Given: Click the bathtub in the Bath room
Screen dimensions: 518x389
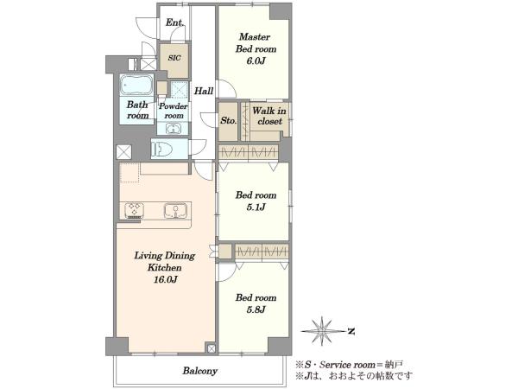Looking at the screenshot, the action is pos(136,85).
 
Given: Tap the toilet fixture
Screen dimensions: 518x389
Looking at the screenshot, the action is pos(162,150).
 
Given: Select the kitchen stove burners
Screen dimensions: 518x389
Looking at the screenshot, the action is pos(134,211).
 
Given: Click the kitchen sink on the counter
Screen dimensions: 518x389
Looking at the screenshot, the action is pos(176,211).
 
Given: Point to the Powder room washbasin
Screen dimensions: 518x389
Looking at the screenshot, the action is pos(173,129).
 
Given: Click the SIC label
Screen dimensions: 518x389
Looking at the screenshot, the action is pos(174,58).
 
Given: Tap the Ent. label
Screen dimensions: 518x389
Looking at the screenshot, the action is pos(174,22).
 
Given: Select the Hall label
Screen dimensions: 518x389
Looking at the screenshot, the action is pos(204,91).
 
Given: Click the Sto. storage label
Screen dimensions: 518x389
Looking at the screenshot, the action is pos(228,120).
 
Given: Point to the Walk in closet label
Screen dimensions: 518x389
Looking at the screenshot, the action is pos(269,116).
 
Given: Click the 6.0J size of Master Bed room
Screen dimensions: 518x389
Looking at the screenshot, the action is pos(256,61).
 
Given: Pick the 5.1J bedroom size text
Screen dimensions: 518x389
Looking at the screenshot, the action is pos(256,207).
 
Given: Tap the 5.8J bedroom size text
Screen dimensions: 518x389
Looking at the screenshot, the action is pos(256,310).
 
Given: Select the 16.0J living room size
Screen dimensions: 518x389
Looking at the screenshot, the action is pos(165,280).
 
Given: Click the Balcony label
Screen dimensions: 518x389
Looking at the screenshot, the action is pos(200,371).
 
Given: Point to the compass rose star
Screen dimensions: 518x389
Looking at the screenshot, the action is pos(321,331).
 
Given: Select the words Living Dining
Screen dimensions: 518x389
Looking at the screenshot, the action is pos(165,256).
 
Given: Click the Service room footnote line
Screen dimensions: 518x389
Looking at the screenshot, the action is pos(349,365).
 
